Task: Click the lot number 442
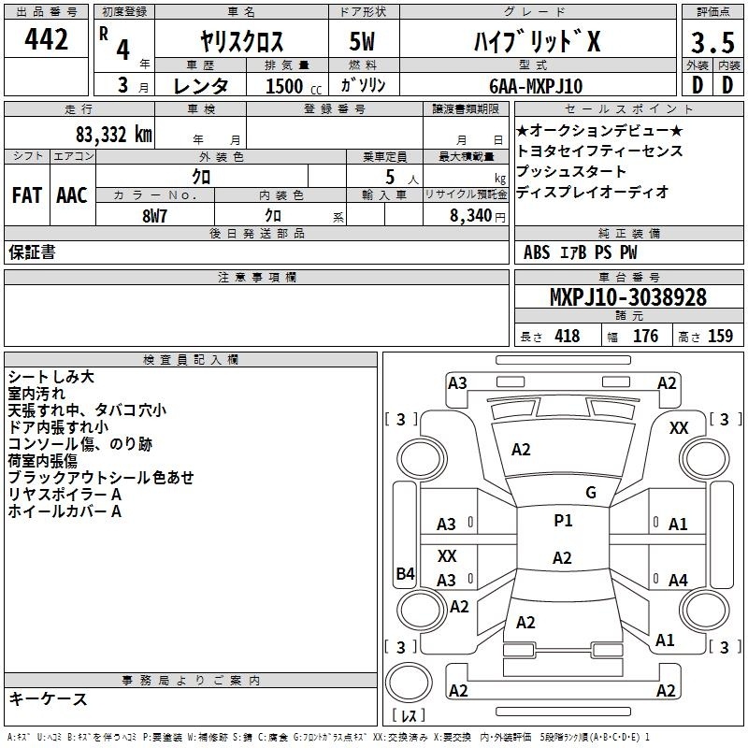click(x=46, y=38)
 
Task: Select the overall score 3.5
click(x=712, y=42)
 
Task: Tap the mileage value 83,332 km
click(x=114, y=135)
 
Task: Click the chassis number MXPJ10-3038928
click(x=628, y=297)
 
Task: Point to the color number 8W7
click(x=154, y=216)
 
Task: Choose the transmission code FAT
click(x=27, y=195)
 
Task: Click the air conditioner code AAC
click(x=72, y=195)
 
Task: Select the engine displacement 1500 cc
click(x=294, y=86)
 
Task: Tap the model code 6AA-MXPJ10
click(x=536, y=86)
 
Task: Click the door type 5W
click(x=362, y=41)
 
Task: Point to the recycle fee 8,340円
click(x=478, y=216)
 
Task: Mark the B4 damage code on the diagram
click(x=406, y=573)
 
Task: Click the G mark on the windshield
click(x=591, y=492)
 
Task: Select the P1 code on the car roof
click(x=563, y=520)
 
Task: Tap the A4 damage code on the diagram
click(x=678, y=580)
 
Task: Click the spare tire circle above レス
click(x=409, y=683)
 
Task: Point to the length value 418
click(x=568, y=337)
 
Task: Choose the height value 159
click(x=720, y=337)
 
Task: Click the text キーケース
click(x=48, y=699)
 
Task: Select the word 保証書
click(x=32, y=252)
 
